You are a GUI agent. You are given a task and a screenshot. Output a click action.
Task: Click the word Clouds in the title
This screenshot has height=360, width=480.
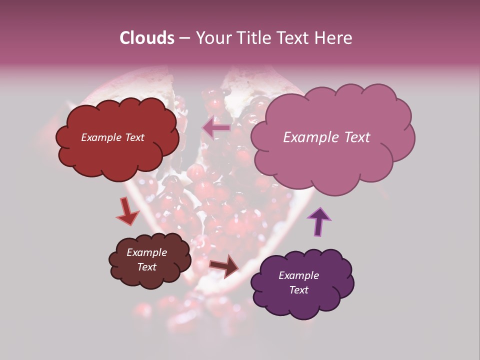(x=146, y=38)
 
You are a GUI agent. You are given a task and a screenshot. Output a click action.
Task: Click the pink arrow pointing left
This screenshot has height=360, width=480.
(x=217, y=128)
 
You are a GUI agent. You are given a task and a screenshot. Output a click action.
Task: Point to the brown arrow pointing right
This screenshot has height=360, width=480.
(x=225, y=265)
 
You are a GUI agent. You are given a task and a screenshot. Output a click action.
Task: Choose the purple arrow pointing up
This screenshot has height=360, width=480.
(x=319, y=221)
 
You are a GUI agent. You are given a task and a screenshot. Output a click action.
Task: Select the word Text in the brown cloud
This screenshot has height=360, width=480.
(x=147, y=267)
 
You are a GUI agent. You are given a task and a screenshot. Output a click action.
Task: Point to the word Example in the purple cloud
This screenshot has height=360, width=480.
(x=298, y=275)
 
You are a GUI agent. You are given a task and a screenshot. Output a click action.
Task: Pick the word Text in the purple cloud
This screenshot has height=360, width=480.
(x=298, y=290)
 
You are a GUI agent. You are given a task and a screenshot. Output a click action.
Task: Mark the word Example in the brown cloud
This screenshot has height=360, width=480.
(x=147, y=252)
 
